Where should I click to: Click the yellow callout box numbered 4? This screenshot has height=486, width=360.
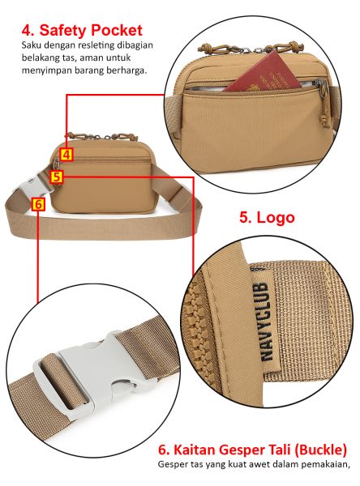66,155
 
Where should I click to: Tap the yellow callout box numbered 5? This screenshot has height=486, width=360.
57,177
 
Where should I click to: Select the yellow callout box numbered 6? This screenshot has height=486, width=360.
38,204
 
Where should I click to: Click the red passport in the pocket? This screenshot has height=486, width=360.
264,73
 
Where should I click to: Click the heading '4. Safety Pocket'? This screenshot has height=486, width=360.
82,31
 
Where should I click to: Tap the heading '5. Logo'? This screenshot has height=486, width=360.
267,217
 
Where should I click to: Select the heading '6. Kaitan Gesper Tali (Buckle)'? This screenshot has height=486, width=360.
252,450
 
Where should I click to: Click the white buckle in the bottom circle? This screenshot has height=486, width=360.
90,375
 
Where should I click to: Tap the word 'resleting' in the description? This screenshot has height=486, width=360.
96,45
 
